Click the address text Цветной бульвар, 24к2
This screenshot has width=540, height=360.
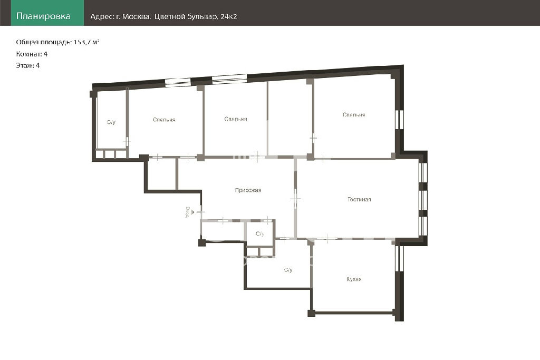click(x=196, y=16)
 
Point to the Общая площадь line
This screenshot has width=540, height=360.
click(x=58, y=42)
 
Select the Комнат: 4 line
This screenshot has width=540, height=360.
click(x=32, y=54)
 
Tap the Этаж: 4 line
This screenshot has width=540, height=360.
click(x=28, y=65)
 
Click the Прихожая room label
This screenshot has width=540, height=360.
click(x=248, y=190)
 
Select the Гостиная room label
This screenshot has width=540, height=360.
click(x=359, y=199)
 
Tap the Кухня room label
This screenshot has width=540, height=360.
click(x=354, y=279)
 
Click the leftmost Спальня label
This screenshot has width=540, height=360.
click(x=165, y=120)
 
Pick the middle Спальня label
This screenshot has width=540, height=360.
click(x=236, y=119)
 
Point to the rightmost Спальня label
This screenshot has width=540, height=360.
click(x=354, y=114)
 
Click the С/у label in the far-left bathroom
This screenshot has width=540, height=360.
click(x=111, y=122)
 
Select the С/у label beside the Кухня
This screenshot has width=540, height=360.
click(x=288, y=270)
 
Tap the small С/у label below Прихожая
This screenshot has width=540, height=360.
click(x=260, y=234)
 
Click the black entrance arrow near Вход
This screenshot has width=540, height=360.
click(x=192, y=212)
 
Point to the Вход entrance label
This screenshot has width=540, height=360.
click(x=187, y=212)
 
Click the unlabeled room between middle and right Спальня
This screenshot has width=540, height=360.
click(x=290, y=119)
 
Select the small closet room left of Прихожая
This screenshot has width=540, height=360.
click(x=162, y=174)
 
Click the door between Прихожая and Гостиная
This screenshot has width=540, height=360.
click(x=295, y=199)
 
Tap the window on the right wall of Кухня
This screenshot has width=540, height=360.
click(x=399, y=258)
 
